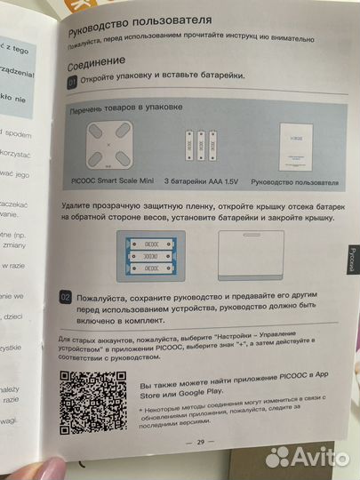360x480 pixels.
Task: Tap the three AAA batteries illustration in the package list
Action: tap(200, 145)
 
